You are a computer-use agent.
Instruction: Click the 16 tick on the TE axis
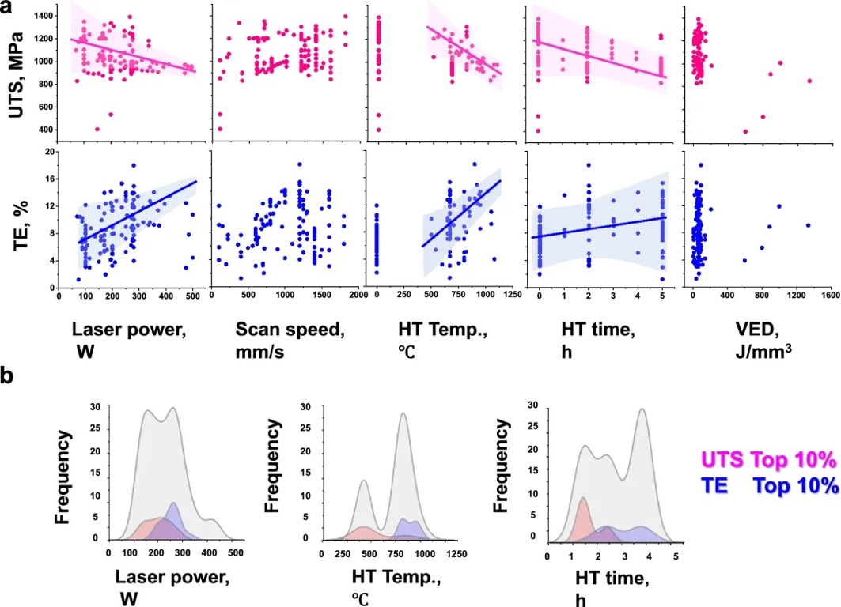tap(48, 179)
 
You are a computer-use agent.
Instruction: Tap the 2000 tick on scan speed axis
tap(358, 297)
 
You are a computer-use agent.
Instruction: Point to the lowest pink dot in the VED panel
tap(744, 131)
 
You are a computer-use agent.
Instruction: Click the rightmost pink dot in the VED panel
tap(809, 81)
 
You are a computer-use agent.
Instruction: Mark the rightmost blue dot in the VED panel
tap(808, 225)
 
